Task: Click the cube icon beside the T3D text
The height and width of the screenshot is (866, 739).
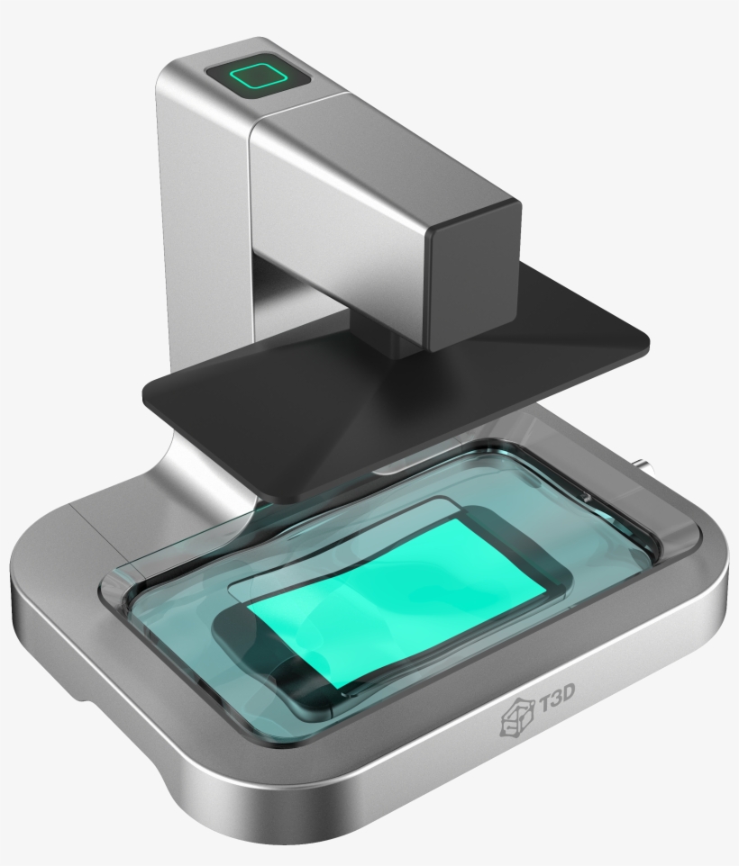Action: point(516,717)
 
